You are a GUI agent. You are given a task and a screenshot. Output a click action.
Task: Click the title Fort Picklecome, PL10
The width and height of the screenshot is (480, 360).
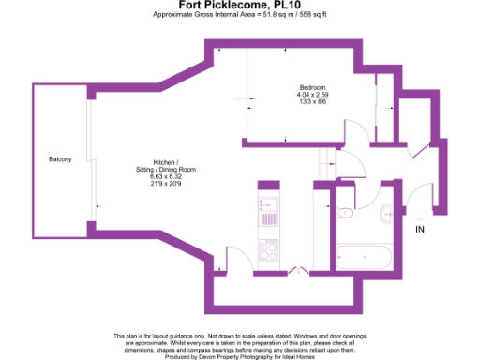point(240,6)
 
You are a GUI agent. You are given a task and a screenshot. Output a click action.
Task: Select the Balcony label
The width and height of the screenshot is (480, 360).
point(60,159)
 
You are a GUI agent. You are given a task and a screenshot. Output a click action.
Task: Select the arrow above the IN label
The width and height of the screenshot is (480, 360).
point(420,217)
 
